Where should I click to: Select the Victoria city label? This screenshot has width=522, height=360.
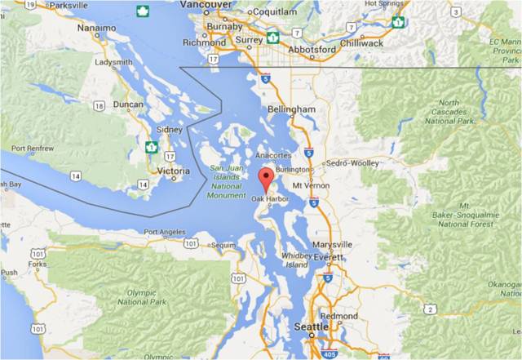(x=173, y=171)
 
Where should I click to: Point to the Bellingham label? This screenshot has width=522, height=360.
(x=291, y=109)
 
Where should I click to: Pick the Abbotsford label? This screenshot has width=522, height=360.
(x=311, y=49)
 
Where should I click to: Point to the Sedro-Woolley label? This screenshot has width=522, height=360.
(x=353, y=163)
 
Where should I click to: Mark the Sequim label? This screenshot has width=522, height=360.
(x=222, y=244)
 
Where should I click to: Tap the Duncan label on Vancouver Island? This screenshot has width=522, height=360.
(x=126, y=105)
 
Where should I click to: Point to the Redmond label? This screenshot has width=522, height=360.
(x=339, y=316)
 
